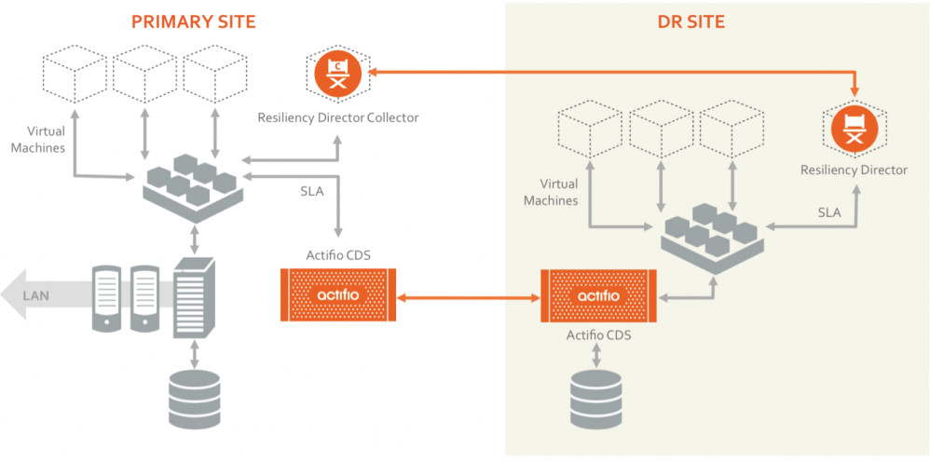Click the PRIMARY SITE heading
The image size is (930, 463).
click(x=195, y=21)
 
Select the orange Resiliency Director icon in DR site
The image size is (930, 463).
click(x=855, y=128)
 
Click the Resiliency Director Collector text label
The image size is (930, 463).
click(x=337, y=117)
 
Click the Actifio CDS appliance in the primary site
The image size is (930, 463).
click(x=338, y=294)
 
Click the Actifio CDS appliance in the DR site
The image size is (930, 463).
click(x=597, y=295)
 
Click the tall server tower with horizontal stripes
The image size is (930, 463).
click(x=194, y=297)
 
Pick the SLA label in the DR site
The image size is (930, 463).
click(x=829, y=212)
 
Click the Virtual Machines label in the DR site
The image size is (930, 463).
click(x=551, y=192)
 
